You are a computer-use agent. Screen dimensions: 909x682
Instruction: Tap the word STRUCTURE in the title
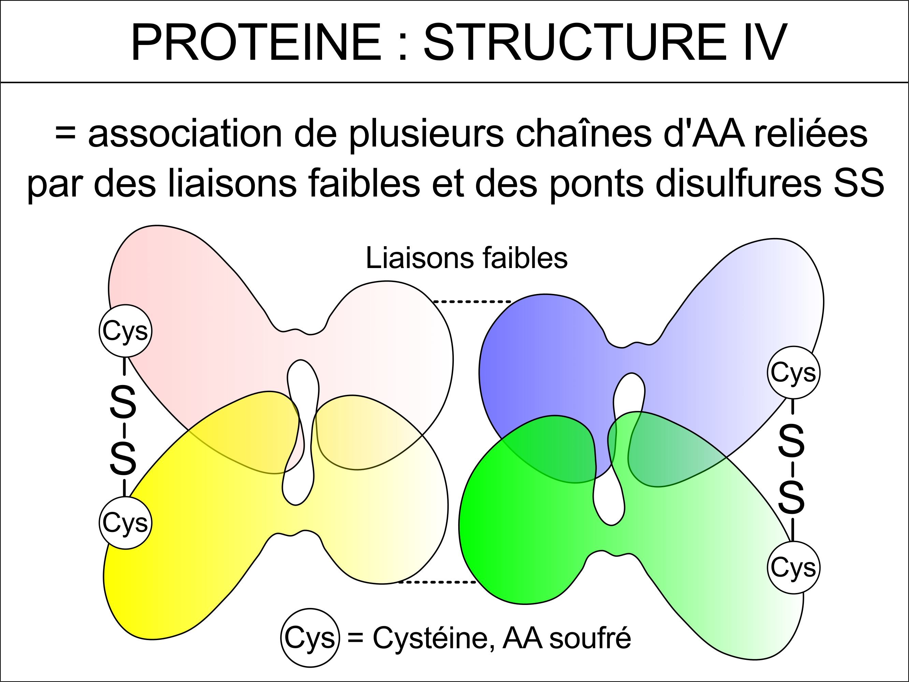(x=575, y=42)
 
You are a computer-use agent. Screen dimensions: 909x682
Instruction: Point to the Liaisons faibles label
(x=467, y=258)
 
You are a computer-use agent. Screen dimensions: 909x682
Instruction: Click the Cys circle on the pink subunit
(x=125, y=331)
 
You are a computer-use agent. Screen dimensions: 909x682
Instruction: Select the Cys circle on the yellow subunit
(x=125, y=523)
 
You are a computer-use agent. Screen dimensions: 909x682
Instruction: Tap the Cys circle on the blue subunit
(x=794, y=373)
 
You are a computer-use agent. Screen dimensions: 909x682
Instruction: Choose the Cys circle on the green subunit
(x=794, y=568)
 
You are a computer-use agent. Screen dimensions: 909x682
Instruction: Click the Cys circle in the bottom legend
(x=310, y=638)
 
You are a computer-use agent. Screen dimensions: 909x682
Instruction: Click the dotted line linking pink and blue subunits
(x=473, y=302)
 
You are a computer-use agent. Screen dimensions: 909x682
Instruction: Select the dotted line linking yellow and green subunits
(x=438, y=582)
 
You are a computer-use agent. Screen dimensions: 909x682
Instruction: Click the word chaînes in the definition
(x=583, y=134)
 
